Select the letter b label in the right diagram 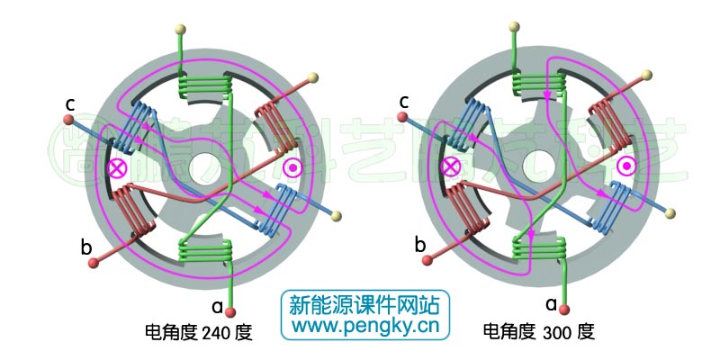420,244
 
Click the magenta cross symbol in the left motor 116,167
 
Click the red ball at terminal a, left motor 231,312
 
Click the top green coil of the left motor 206,87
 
